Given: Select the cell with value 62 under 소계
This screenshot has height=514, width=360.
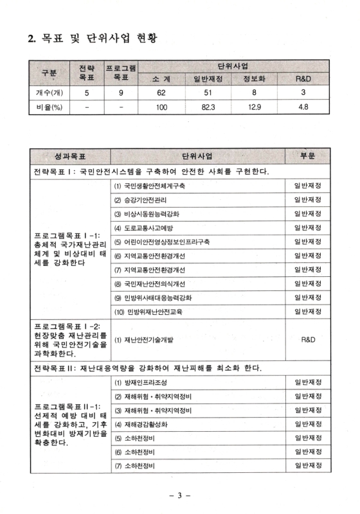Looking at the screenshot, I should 161,92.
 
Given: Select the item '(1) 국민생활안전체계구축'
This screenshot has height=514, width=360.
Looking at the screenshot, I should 150,186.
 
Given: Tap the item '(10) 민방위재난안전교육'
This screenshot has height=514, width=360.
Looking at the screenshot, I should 150,312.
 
